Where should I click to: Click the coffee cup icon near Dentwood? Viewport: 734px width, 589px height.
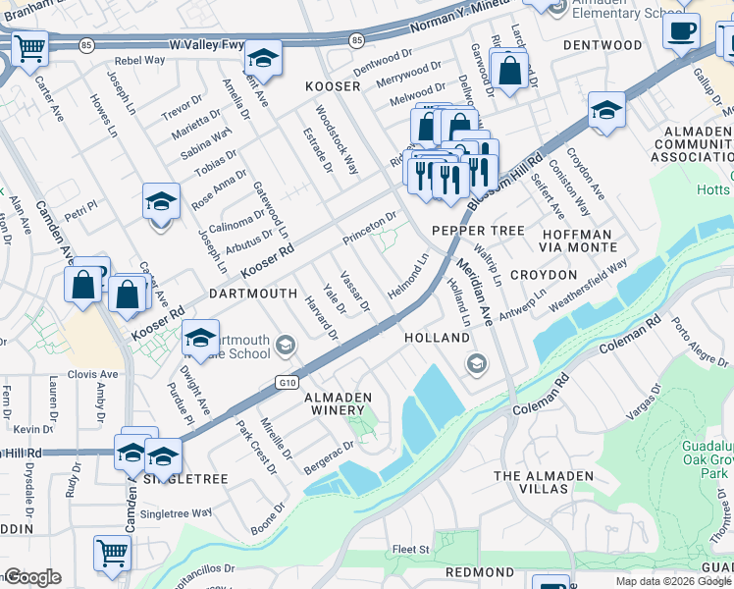tap(681, 30)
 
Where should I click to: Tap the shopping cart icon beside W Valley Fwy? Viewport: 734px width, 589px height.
tap(30, 47)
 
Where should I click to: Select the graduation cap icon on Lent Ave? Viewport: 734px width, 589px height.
tap(263, 58)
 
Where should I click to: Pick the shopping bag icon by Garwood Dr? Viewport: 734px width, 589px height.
tap(509, 71)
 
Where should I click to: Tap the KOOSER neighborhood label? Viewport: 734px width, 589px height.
tap(333, 86)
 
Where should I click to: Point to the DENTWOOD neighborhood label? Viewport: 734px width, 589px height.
tap(603, 45)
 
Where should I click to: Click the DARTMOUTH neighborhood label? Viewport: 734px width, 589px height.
tap(252, 293)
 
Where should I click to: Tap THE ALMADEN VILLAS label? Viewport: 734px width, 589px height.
tap(544, 482)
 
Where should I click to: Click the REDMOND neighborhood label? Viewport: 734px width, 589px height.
tap(480, 570)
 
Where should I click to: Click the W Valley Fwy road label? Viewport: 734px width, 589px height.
tap(205, 45)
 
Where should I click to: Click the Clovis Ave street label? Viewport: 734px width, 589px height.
tap(92, 374)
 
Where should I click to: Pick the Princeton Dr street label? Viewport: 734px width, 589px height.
tap(369, 228)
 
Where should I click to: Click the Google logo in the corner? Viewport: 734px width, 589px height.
tap(32, 577)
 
